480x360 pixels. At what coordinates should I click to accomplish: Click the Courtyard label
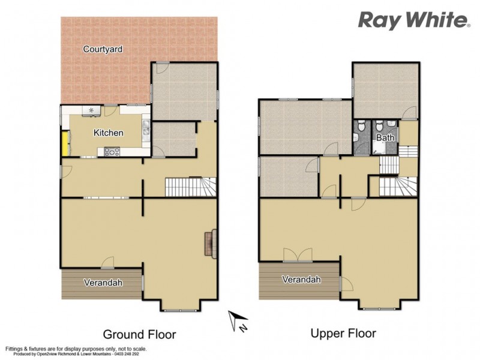pos(103,49)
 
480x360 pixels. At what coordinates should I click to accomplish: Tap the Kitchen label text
pos(109,133)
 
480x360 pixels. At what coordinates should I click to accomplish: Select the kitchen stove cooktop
pos(112,151)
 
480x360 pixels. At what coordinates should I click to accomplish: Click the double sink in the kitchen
pos(146,128)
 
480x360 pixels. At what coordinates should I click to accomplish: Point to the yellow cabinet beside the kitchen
pos(64,143)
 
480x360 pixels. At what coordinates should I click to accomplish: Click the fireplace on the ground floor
pos(210,244)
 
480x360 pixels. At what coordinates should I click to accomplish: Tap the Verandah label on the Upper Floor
pos(301,280)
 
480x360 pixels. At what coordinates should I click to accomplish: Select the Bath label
pos(385,138)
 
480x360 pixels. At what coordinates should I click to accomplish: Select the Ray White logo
pos(413,20)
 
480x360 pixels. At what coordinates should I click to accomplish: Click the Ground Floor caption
pos(139,334)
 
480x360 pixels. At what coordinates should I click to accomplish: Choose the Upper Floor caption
pos(343,333)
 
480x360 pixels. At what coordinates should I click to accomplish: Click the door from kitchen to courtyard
pos(110,110)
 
